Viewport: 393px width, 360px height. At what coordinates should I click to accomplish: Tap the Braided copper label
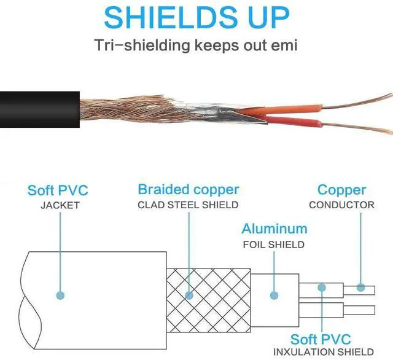(188, 189)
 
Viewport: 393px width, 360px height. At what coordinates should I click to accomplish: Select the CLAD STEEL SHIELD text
(188, 205)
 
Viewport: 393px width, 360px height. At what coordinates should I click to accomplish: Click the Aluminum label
(274, 229)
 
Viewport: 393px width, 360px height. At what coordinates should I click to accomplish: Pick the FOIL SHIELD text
(274, 244)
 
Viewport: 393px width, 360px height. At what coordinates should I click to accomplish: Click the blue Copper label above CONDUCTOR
(341, 190)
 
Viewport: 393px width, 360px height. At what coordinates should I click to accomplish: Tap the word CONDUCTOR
(341, 205)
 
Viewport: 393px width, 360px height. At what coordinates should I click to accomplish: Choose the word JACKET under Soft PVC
(60, 205)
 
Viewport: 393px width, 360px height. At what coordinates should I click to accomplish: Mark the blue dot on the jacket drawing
(60, 295)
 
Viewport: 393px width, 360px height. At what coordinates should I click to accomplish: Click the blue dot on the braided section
(189, 295)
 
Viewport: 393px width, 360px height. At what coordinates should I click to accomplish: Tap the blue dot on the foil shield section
(274, 295)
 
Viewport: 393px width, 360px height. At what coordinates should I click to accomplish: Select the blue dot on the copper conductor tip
(361, 287)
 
